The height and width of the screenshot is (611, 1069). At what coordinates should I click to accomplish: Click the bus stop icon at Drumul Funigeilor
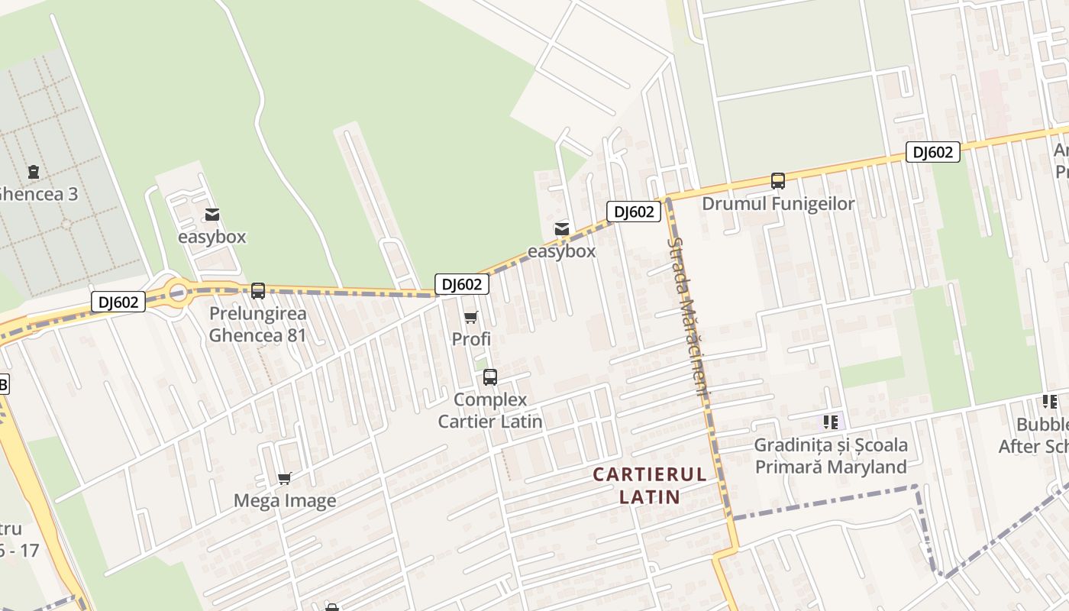[778, 181]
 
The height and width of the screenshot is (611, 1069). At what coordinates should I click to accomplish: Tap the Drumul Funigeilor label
[778, 204]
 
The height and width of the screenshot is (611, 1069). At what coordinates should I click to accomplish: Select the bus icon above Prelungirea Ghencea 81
[258, 290]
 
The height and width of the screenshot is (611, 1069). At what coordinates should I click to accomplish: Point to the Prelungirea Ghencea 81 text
[258, 325]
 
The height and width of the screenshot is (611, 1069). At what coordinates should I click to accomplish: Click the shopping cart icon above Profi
[471, 317]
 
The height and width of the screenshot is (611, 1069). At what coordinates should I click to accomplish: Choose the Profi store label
[471, 339]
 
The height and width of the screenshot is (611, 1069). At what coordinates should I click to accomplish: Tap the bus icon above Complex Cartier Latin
[490, 377]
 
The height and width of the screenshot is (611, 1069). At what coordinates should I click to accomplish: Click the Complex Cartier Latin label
[490, 410]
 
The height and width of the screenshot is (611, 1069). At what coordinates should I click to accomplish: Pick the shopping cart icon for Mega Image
[285, 479]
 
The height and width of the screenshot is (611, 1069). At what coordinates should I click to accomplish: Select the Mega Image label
[285, 501]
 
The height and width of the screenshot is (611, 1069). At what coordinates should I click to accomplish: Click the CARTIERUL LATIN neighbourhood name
[650, 486]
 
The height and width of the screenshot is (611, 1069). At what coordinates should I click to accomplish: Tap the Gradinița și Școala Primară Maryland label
[831, 456]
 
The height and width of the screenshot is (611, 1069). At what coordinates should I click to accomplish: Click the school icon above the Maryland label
[831, 422]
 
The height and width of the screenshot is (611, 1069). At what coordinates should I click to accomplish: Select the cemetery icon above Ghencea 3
[34, 172]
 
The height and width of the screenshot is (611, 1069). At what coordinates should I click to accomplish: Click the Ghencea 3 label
[38, 194]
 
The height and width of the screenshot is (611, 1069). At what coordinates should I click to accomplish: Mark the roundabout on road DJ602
[178, 291]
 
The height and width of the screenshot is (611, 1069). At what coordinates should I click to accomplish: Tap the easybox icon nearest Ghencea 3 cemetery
[212, 215]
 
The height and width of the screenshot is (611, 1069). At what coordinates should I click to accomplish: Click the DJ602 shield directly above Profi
[462, 284]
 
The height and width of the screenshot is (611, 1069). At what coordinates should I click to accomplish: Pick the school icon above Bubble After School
[1049, 402]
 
